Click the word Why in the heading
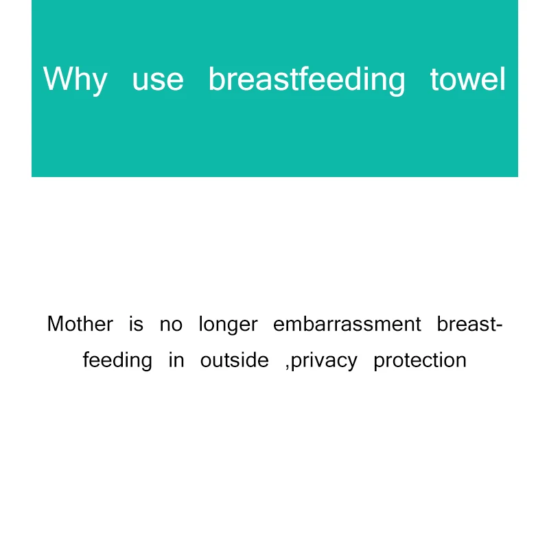pos(75,80)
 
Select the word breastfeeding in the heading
pos(307,80)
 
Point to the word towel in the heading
pos(468,80)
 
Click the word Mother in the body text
pos(80,324)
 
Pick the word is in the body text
pos(136,324)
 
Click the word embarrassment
pos(347,324)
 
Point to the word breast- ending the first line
pos(470,324)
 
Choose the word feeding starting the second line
pos(117,360)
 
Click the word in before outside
pos(176,360)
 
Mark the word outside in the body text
pos(234,360)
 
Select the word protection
pos(420,361)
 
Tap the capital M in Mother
pos(56,324)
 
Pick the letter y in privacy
pos(352,364)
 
